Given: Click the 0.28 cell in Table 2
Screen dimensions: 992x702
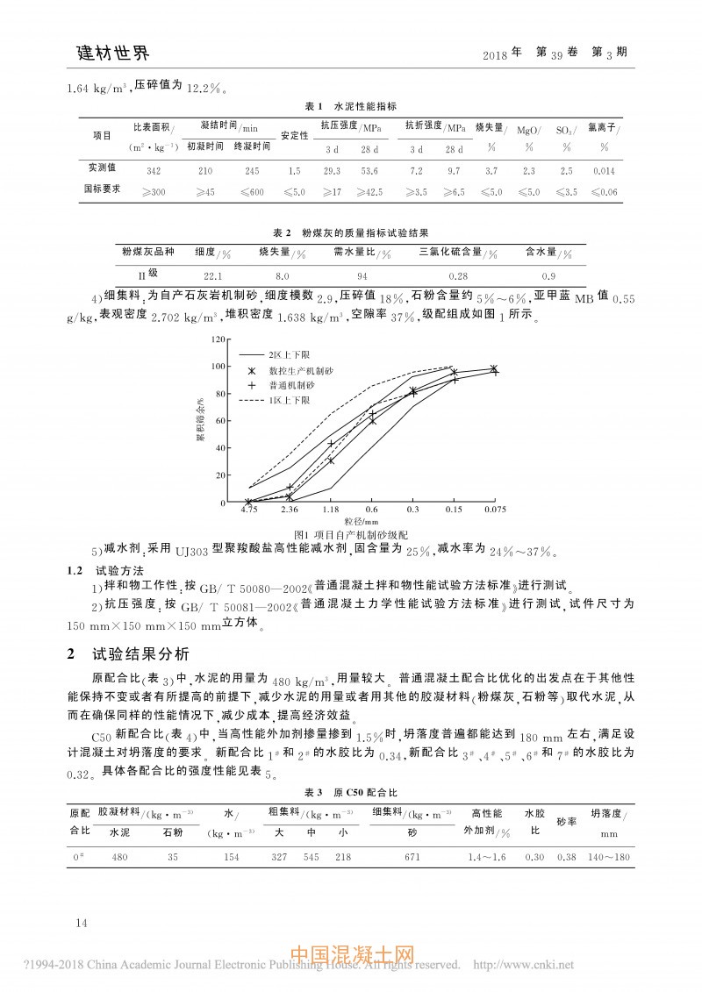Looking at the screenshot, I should point(457,276).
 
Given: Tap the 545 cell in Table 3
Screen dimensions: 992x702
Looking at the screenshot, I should point(311,857).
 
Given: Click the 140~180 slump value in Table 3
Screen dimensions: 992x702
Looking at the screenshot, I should point(610,857).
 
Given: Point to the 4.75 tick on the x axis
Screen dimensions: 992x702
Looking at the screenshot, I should point(250,509).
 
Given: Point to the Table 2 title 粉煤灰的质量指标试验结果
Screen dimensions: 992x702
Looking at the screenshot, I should point(364,233).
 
